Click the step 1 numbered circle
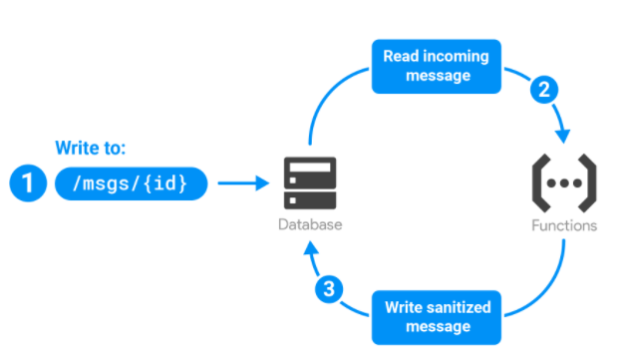[x=29, y=182]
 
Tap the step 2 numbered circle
[x=544, y=90]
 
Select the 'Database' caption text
[x=309, y=225]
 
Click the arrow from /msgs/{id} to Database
[x=243, y=183]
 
